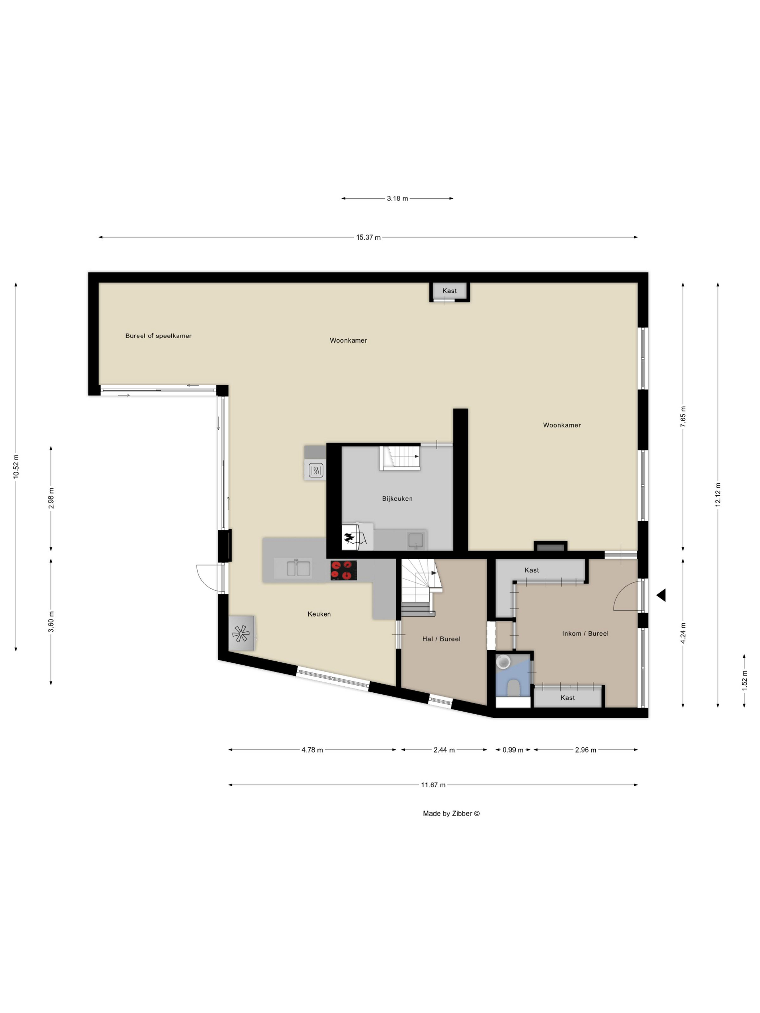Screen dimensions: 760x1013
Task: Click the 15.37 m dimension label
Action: coord(368,237)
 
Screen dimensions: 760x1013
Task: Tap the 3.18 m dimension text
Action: coord(397,198)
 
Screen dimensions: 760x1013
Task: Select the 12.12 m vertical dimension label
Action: coord(718,494)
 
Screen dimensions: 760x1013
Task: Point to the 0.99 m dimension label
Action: coord(512,750)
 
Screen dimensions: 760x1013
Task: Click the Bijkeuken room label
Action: coord(397,499)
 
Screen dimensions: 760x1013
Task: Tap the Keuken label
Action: coord(319,614)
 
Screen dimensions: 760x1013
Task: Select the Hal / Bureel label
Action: coord(441,639)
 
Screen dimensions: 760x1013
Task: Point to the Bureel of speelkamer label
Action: coord(159,336)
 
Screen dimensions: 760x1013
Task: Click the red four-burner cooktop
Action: coord(343,570)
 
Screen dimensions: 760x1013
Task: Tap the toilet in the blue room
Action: coord(513,688)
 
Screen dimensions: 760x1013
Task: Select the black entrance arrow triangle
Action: coord(661,595)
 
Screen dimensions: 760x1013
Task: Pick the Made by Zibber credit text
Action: coord(451,813)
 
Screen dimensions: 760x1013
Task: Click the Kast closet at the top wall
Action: coord(449,291)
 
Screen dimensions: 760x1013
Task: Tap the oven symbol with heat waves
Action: coord(316,470)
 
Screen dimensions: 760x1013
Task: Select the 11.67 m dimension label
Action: coord(433,785)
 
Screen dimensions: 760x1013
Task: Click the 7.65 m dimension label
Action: coord(683,417)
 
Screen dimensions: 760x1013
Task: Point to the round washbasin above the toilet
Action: coord(503,662)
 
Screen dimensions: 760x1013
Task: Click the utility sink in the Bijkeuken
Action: coord(415,541)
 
